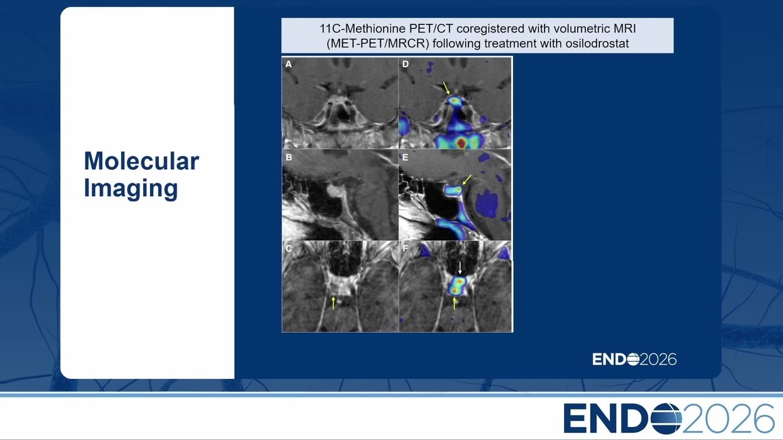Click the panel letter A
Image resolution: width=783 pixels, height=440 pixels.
coord(288,64)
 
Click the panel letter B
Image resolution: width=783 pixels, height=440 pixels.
coord(289,158)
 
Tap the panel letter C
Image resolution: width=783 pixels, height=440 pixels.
coord(289,249)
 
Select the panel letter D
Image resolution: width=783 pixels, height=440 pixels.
coord(406,64)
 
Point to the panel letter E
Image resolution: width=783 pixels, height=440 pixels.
coord(405,158)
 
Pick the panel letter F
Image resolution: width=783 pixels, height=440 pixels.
coord(405,249)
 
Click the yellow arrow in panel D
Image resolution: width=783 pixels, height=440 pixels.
coord(447,88)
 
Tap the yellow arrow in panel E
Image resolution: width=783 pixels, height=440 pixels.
coord(467,180)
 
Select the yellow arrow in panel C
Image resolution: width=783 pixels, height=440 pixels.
coord(333,302)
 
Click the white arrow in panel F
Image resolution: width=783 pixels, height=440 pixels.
coord(460,268)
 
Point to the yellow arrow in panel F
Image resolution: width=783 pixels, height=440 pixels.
coord(454,303)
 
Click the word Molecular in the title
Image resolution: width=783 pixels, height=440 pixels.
coord(141,161)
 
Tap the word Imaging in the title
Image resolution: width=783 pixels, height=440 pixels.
coord(131,189)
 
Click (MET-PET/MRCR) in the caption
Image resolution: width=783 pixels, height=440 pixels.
coord(378,43)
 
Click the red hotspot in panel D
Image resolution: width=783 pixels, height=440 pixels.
coord(461,142)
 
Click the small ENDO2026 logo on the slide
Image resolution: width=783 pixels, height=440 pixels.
coord(634,359)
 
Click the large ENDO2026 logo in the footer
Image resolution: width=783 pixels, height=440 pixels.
coord(669,419)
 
